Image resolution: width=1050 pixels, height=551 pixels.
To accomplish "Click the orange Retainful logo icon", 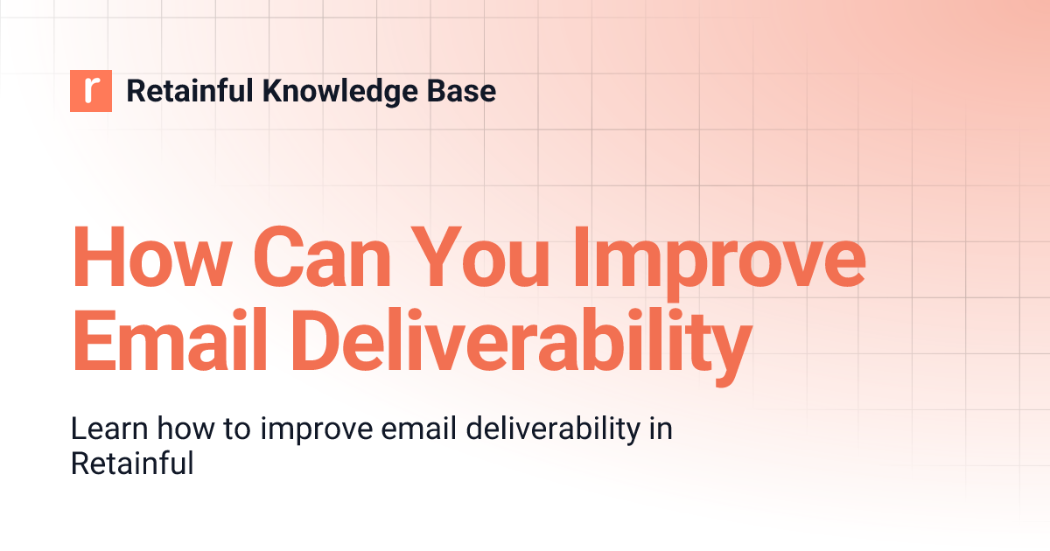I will (x=91, y=91).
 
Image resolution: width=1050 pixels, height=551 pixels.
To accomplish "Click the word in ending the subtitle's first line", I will (x=661, y=429).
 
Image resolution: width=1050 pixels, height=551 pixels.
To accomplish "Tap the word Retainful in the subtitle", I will (x=131, y=463).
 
